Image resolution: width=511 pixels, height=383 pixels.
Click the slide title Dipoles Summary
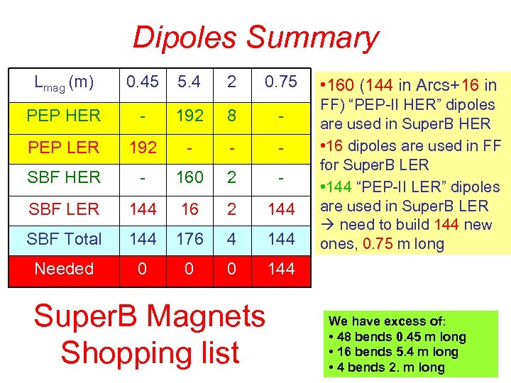tap(255, 38)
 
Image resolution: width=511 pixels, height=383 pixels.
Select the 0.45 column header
tap(141, 82)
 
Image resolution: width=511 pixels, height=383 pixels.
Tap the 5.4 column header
tap(189, 82)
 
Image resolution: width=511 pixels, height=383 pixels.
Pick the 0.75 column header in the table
tap(280, 82)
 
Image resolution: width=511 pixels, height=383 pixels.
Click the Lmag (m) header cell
tap(64, 83)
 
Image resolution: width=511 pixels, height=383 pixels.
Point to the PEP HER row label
tap(64, 115)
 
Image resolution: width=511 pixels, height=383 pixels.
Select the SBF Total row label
tap(64, 239)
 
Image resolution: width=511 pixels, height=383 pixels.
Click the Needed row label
tap(64, 269)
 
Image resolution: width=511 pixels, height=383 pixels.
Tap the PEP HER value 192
tap(189, 115)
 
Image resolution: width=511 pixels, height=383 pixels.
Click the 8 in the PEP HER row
tap(232, 115)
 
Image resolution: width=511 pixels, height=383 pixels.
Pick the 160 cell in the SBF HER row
tap(189, 177)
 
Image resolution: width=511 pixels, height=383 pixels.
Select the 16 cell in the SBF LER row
tap(189, 209)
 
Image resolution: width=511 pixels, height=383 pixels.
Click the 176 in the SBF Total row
tap(189, 239)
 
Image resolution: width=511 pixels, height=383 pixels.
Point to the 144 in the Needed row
tap(280, 269)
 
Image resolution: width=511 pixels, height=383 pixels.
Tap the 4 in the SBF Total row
tap(232, 239)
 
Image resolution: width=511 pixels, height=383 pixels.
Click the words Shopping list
tap(150, 353)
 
